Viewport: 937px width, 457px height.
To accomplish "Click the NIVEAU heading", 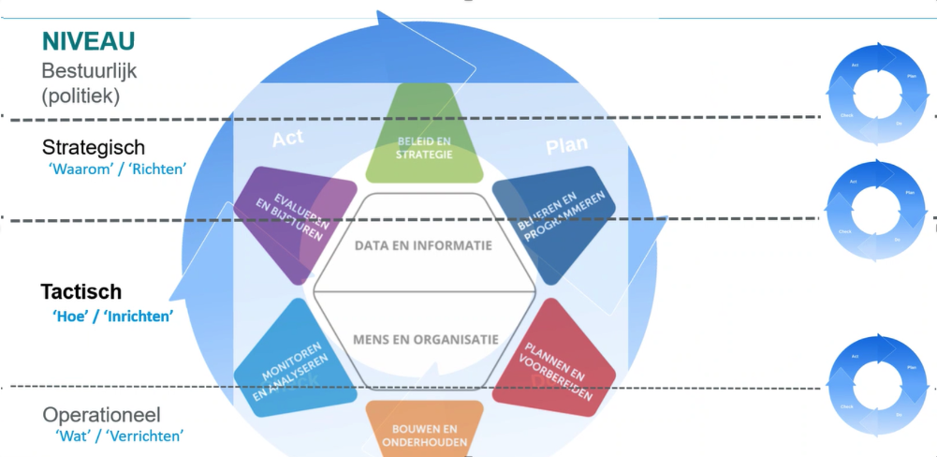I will coord(89,41).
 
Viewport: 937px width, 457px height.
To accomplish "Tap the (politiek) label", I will coord(81,95).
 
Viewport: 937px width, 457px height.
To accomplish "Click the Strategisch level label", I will coord(94,148).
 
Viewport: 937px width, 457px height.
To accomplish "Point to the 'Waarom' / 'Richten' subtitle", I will coord(117,170).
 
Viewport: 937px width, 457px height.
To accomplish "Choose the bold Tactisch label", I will coord(81,292).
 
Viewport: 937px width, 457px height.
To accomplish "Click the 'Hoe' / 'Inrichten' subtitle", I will coord(113,316).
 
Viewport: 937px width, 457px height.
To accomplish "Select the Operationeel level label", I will coord(102,415).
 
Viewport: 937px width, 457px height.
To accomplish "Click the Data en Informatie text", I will coord(423,245).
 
